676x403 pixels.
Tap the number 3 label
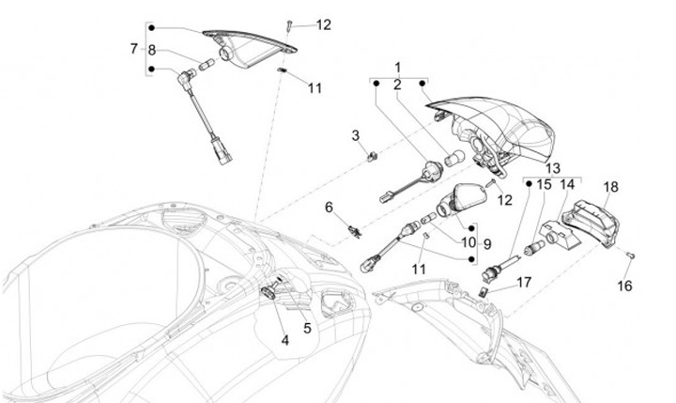(357, 136)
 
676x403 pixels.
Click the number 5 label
(306, 328)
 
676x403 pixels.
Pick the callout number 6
(330, 206)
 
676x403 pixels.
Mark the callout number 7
(133, 48)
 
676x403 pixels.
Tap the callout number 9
(487, 243)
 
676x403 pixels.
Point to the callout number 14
(567, 185)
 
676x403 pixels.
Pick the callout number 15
(545, 185)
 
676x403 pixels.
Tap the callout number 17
(524, 281)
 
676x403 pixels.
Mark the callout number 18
(610, 187)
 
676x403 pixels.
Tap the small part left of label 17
(485, 292)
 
